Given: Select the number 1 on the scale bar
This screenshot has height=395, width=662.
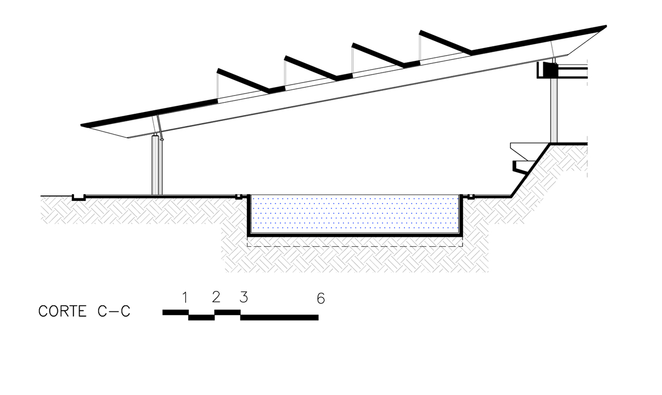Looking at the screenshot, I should click(x=184, y=297).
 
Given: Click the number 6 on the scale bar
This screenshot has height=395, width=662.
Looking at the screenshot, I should click(x=321, y=298).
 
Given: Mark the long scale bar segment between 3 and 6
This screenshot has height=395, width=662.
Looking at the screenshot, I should click(x=279, y=317).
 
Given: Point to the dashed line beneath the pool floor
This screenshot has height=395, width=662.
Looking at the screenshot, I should click(x=354, y=246).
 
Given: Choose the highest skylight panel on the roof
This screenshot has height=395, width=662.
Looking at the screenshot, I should click(x=445, y=42).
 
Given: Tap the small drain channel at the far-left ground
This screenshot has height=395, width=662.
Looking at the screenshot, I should click(x=78, y=198).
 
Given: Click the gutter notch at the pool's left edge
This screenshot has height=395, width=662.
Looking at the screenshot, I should click(x=238, y=197).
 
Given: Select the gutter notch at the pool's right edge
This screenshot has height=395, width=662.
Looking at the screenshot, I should click(x=471, y=197).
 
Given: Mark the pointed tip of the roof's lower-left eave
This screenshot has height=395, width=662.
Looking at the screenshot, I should click(x=82, y=125).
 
